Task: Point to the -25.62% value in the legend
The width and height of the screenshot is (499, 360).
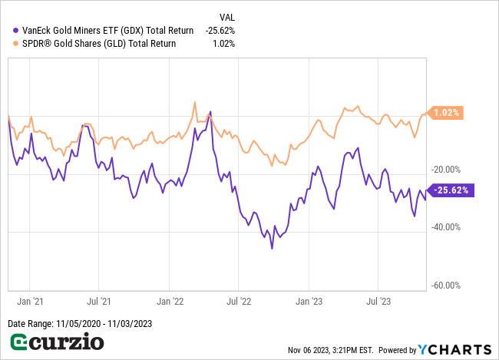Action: click(x=220, y=30)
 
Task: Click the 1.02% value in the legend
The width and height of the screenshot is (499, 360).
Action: click(x=225, y=44)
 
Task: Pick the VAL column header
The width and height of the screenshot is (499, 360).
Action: click(x=227, y=16)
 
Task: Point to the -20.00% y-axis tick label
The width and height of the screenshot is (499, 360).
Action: click(x=450, y=170)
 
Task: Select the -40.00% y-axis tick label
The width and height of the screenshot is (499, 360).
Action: click(x=450, y=227)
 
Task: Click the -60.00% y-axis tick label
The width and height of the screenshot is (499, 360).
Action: click(x=450, y=286)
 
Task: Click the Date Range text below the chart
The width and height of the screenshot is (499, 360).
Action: click(x=80, y=323)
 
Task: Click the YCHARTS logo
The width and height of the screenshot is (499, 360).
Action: click(x=452, y=349)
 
